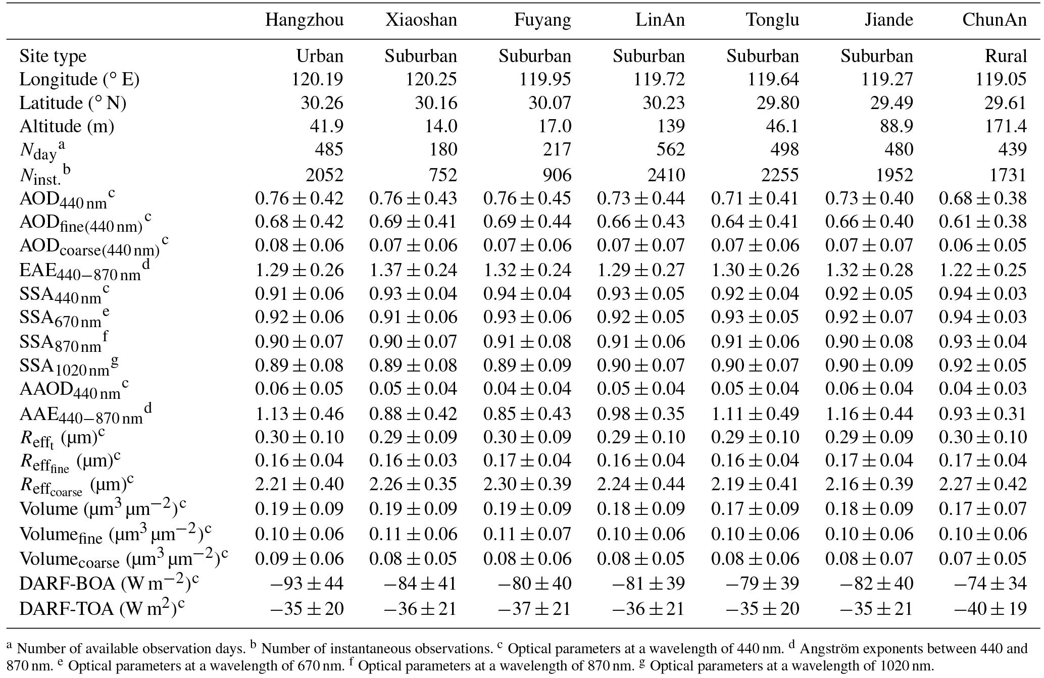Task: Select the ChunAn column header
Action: click(x=994, y=20)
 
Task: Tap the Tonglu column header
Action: click(x=772, y=20)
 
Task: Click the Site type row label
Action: click(x=53, y=56)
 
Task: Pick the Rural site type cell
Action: click(x=1006, y=56)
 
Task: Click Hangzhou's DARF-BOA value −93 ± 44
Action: click(x=306, y=584)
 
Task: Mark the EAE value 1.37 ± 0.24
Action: click(x=413, y=270)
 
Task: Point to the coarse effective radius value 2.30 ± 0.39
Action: click(x=527, y=484)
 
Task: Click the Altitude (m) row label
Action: click(x=67, y=126)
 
